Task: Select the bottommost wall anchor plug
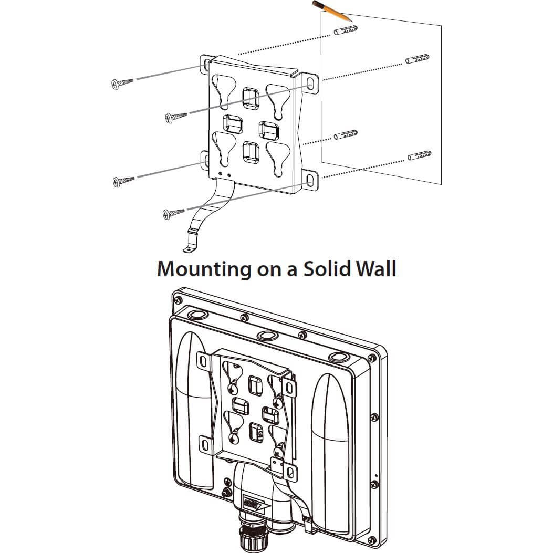point(419,156)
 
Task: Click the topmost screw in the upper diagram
point(122,82)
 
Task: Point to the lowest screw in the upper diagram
point(173,213)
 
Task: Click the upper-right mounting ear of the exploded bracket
point(311,84)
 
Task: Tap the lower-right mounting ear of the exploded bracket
point(311,181)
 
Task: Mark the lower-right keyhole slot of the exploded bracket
point(276,155)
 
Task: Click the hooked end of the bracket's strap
point(189,246)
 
